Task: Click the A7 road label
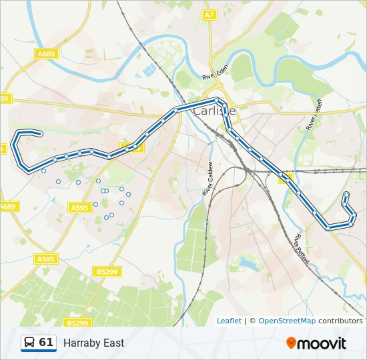coord(209,15)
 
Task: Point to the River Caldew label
coord(208,179)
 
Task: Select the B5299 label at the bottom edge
coord(78,323)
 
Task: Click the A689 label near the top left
coord(47,53)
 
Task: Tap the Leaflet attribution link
coord(229,321)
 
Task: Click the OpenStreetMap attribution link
coord(287,321)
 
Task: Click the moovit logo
coord(316,343)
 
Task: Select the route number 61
coord(46,343)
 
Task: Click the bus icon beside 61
coord(30,343)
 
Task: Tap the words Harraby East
coord(93,343)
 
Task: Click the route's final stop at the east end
coord(346,195)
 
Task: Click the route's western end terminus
coord(41,134)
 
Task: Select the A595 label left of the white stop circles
coord(79,208)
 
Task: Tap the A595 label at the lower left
coord(45,259)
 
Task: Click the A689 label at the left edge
coord(7,207)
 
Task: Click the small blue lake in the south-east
coord(248,264)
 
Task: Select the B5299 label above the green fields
coord(107,271)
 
